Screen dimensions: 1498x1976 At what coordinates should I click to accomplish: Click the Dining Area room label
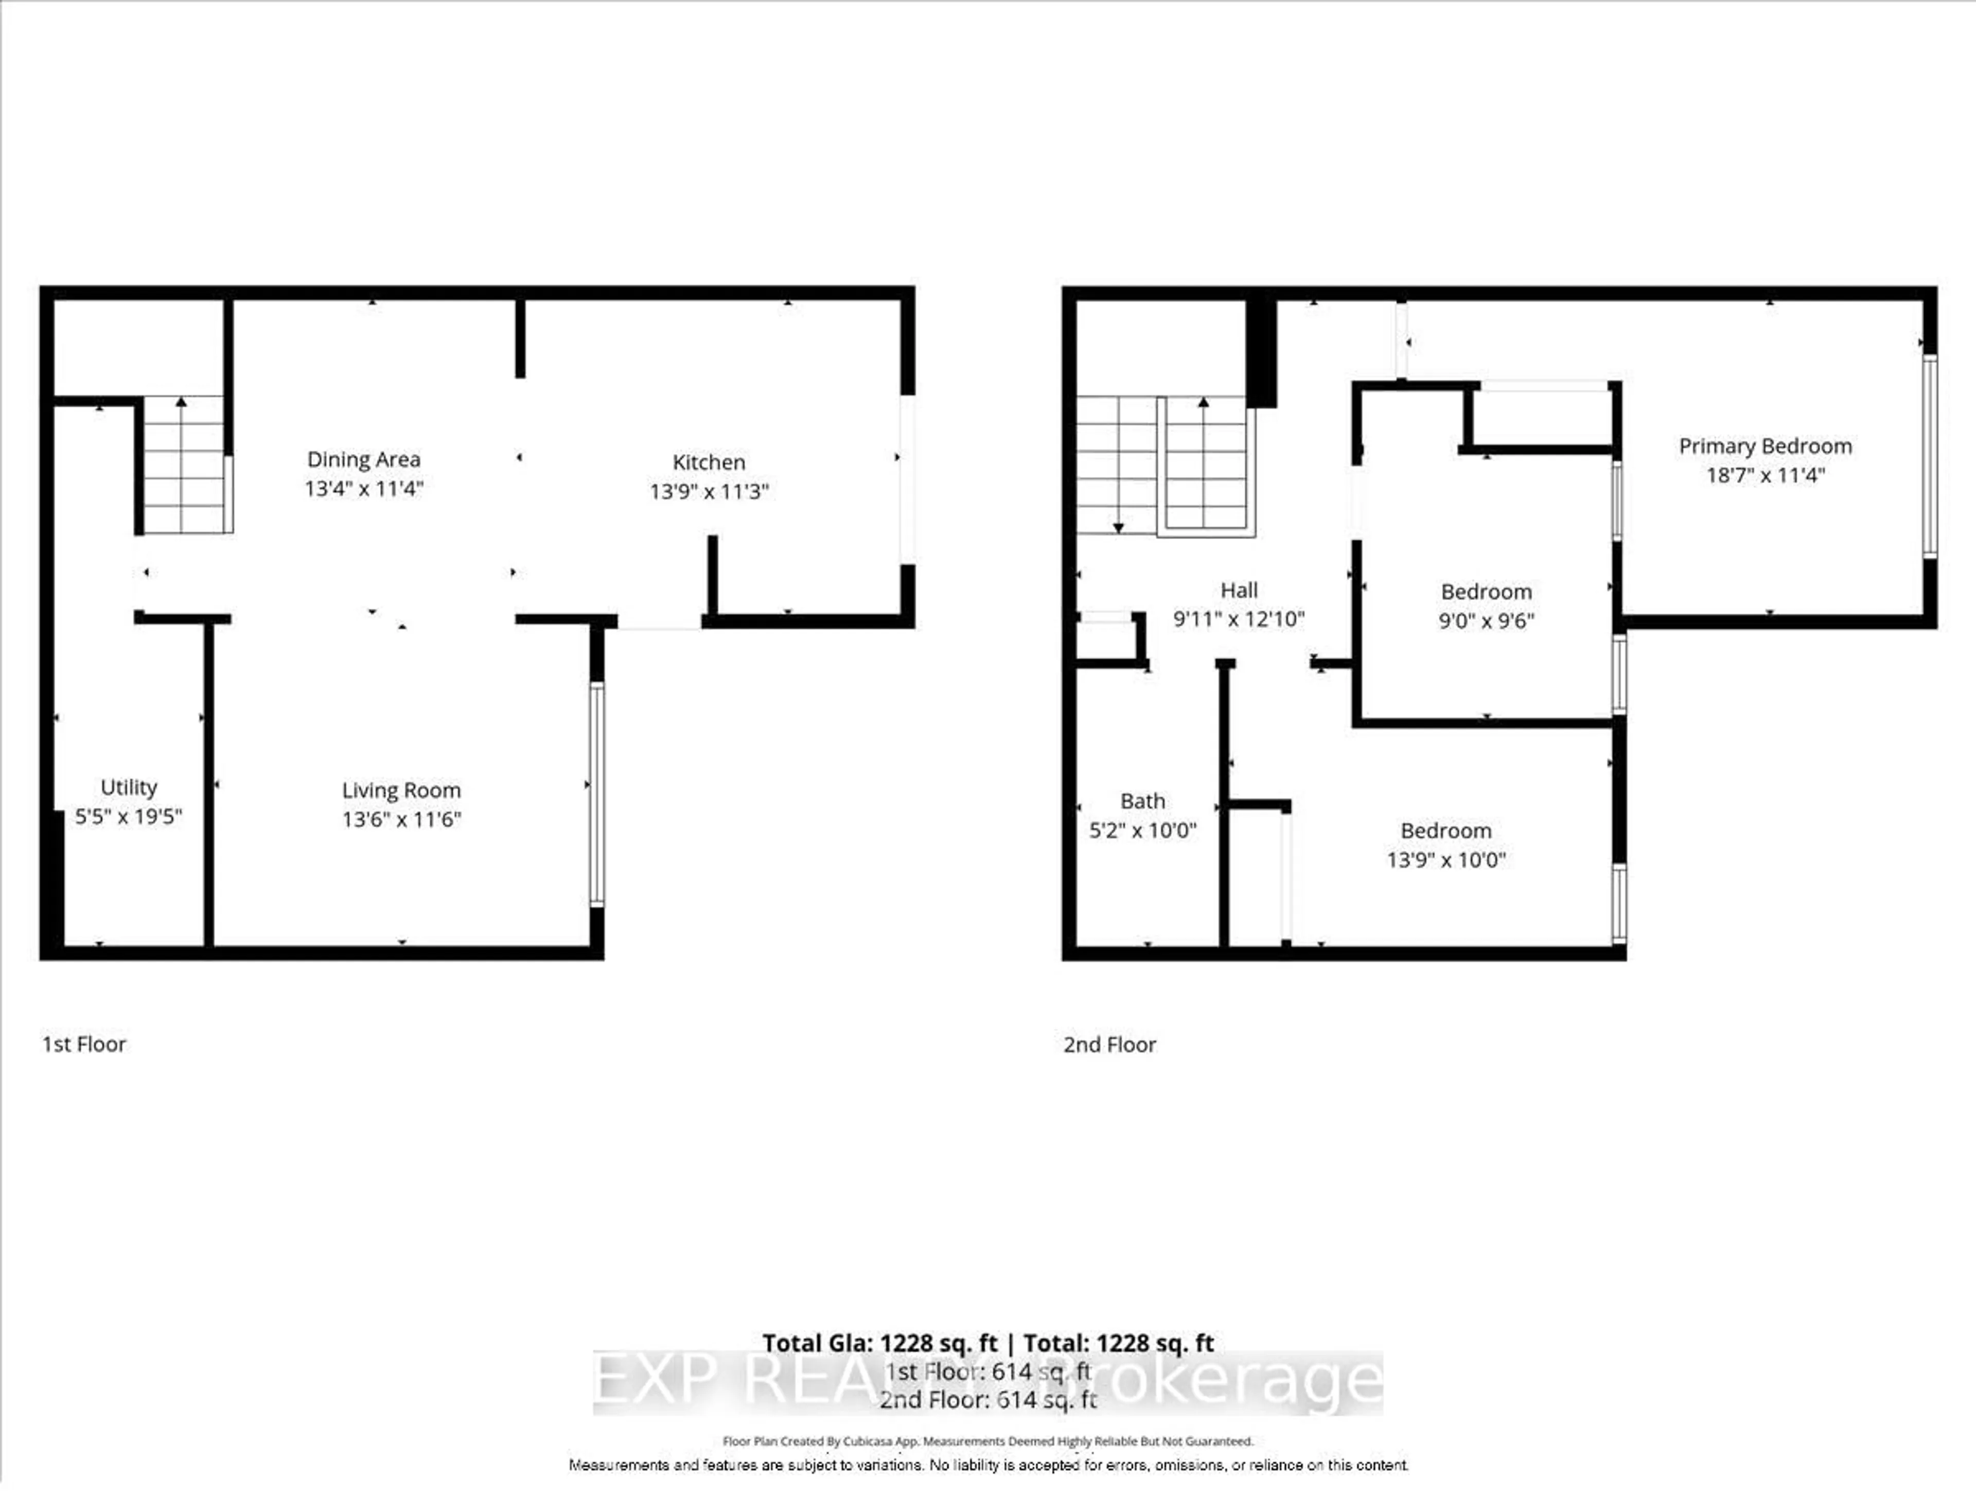tap(364, 459)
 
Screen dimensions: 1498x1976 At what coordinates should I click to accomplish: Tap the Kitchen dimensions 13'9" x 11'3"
tap(709, 491)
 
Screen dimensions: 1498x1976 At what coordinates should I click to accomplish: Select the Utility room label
tap(129, 787)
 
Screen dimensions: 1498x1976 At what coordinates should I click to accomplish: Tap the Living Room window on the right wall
tap(597, 795)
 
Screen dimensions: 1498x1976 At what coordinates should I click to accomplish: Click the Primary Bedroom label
tap(1765, 445)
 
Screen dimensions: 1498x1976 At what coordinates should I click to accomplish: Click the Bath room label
tap(1142, 801)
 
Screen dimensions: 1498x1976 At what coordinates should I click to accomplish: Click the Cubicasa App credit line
tap(988, 1441)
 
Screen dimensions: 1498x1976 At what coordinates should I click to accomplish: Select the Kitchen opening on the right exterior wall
tap(907, 479)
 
